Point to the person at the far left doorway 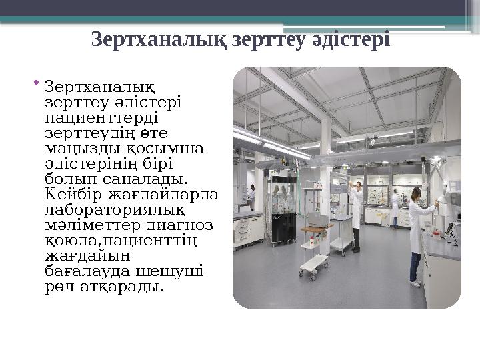coord(251,196)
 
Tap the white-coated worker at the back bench coord(395,208)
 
